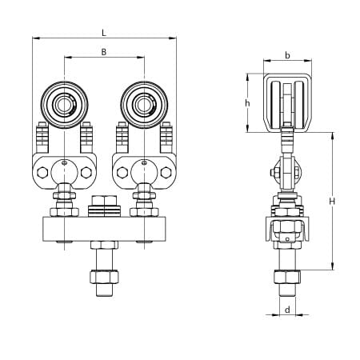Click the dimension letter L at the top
click(105, 31)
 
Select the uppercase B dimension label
click(105, 52)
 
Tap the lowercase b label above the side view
click(286, 55)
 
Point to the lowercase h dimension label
click(248, 104)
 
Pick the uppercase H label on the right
click(332, 202)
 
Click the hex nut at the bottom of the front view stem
click(105, 278)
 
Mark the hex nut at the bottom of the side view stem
click(286, 278)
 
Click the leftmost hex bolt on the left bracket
click(40, 170)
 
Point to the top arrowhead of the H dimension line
click(330, 134)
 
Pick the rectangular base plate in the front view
click(105, 229)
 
